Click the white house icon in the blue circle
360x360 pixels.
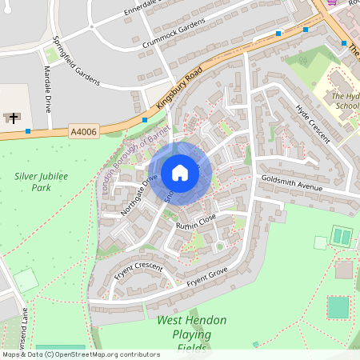[180, 172]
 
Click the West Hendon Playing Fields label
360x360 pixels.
[191, 334]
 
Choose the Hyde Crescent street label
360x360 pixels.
[312, 123]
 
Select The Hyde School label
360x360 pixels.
[346, 100]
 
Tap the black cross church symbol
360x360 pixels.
[14, 118]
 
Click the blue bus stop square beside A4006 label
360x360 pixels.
[28, 130]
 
